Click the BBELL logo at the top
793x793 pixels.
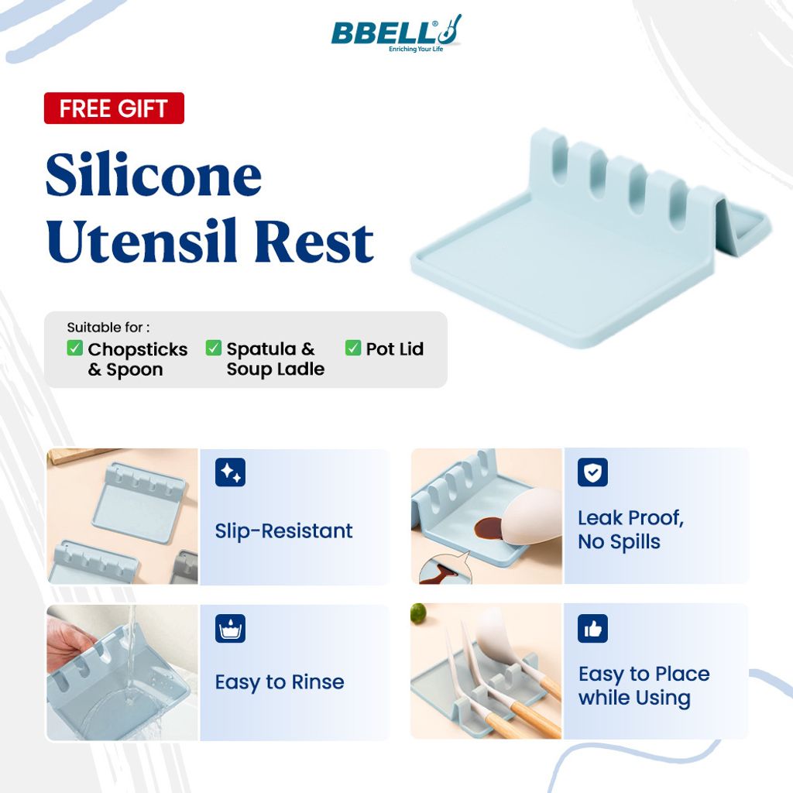click(396, 33)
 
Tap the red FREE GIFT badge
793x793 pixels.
click(114, 108)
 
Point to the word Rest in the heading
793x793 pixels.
click(314, 242)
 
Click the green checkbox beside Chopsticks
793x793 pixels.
click(75, 348)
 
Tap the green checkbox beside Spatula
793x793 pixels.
click(214, 348)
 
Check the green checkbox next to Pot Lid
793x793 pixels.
click(353, 348)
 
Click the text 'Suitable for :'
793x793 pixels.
click(108, 328)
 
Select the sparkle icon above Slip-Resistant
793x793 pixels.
click(230, 472)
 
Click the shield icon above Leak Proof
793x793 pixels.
click(592, 472)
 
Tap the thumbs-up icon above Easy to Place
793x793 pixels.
click(592, 629)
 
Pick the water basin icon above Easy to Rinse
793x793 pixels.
click(230, 629)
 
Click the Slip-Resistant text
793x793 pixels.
click(283, 531)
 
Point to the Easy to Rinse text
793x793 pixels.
click(280, 682)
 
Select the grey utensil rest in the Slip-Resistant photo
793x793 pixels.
click(186, 566)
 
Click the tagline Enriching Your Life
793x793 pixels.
click(416, 49)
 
